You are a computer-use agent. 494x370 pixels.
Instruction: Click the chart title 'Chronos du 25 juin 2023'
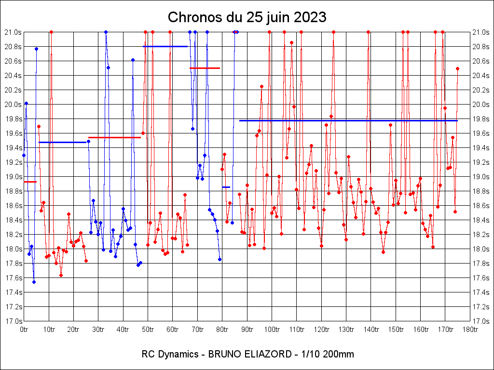click(247, 18)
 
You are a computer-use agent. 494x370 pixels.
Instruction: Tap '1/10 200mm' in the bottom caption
click(327, 355)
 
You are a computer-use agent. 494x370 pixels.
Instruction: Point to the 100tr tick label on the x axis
click(272, 330)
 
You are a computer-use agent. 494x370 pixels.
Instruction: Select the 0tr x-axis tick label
click(24, 330)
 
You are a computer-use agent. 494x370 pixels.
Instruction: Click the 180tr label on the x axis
click(470, 330)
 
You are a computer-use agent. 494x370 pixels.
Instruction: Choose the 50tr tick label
click(148, 330)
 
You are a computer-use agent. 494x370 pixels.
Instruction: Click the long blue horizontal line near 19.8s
click(347, 120)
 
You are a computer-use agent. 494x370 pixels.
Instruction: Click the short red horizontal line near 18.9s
click(30, 182)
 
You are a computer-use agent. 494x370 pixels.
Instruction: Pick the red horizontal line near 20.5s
click(205, 68)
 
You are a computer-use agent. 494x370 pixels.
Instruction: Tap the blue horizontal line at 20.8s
click(165, 46)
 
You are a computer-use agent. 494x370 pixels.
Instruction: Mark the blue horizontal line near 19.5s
click(62, 142)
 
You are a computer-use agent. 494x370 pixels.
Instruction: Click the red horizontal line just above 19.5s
click(114, 137)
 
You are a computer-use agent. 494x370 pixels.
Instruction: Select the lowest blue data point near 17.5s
click(34, 282)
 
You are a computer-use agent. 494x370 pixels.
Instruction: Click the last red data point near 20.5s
click(457, 68)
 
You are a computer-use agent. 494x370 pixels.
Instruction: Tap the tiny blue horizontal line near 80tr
click(226, 187)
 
